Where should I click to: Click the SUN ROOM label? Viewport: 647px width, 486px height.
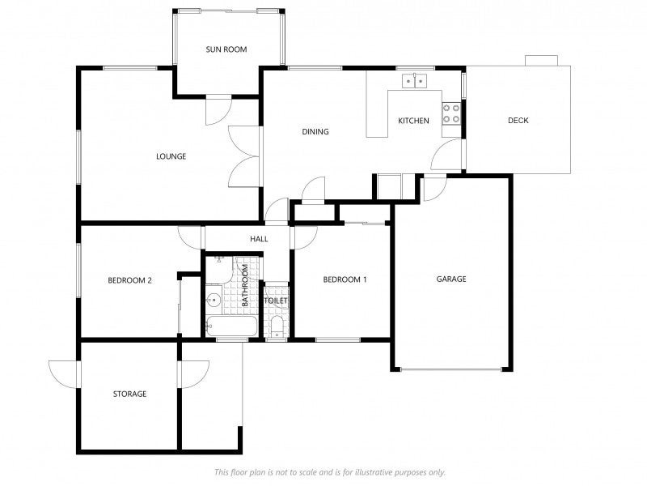pyautogui.click(x=226, y=49)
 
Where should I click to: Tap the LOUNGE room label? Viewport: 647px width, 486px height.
pyautogui.click(x=171, y=156)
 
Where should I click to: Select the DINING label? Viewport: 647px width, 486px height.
pyautogui.click(x=315, y=131)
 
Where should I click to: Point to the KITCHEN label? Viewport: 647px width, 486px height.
pyautogui.click(x=413, y=121)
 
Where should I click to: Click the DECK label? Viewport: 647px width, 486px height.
pyautogui.click(x=518, y=120)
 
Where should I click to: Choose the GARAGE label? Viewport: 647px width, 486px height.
pyautogui.click(x=451, y=279)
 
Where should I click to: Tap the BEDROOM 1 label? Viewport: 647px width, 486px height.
pyautogui.click(x=345, y=279)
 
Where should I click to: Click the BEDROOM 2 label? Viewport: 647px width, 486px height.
pyautogui.click(x=129, y=280)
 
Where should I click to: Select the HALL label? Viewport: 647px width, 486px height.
pyautogui.click(x=259, y=239)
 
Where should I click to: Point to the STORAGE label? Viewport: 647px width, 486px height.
pyautogui.click(x=129, y=394)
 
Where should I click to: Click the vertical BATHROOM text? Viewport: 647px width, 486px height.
pyautogui.click(x=245, y=285)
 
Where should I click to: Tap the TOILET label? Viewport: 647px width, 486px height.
pyautogui.click(x=276, y=301)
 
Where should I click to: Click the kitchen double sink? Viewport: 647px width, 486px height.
pyautogui.click(x=415, y=80)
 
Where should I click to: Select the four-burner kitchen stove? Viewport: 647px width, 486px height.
pyautogui.click(x=451, y=113)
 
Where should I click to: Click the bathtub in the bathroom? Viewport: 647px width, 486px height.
pyautogui.click(x=231, y=326)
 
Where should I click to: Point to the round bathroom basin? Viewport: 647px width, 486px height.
pyautogui.click(x=214, y=300)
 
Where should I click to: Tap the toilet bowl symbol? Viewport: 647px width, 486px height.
pyautogui.click(x=277, y=328)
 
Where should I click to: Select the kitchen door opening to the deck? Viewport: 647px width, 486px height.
pyautogui.click(x=447, y=154)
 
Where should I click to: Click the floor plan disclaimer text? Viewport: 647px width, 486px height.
pyautogui.click(x=330, y=472)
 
